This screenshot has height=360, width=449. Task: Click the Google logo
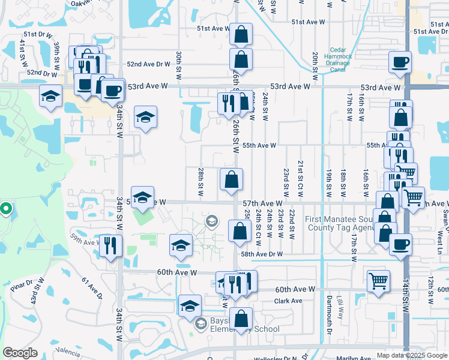click(20, 353)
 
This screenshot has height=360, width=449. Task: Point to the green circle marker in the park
click(5, 209)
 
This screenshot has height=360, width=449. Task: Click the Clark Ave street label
click(288, 301)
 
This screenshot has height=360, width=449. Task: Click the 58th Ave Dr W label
click(279, 254)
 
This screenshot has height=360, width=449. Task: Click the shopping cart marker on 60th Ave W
click(378, 280)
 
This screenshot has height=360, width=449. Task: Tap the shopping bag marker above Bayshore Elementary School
click(241, 317)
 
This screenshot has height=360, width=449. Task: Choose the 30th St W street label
click(179, 65)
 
